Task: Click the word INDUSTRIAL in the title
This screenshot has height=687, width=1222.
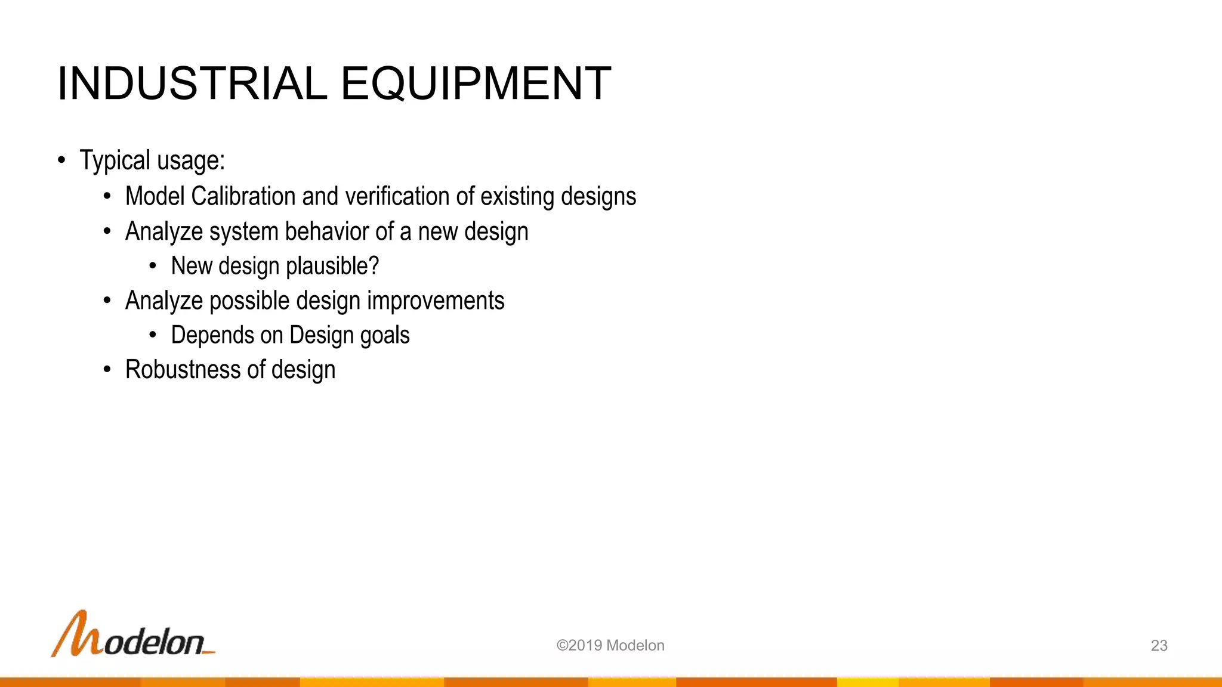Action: (192, 83)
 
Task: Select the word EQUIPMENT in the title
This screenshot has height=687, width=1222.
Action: (476, 83)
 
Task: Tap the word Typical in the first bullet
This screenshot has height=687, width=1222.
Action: (115, 160)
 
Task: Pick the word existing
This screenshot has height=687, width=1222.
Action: (517, 196)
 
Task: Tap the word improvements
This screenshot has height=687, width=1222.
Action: (436, 301)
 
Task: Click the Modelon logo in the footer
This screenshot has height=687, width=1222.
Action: (132, 635)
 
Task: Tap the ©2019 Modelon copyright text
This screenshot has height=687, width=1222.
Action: (610, 645)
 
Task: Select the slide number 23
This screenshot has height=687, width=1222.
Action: (1159, 645)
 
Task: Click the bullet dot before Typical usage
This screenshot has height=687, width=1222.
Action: (61, 160)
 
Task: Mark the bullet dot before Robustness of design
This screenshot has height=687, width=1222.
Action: (107, 370)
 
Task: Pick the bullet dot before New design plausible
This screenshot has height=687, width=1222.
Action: (153, 266)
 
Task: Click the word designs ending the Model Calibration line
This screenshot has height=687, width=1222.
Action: (598, 196)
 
